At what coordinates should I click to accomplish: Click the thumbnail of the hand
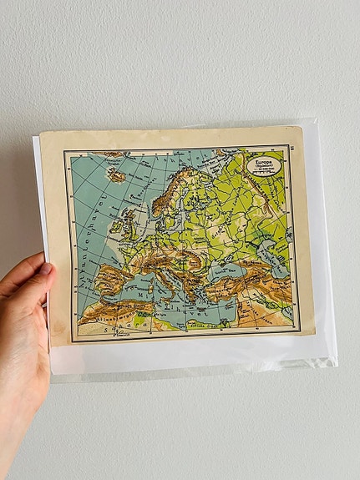[44, 269]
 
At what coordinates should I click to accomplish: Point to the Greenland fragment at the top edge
[109, 154]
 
